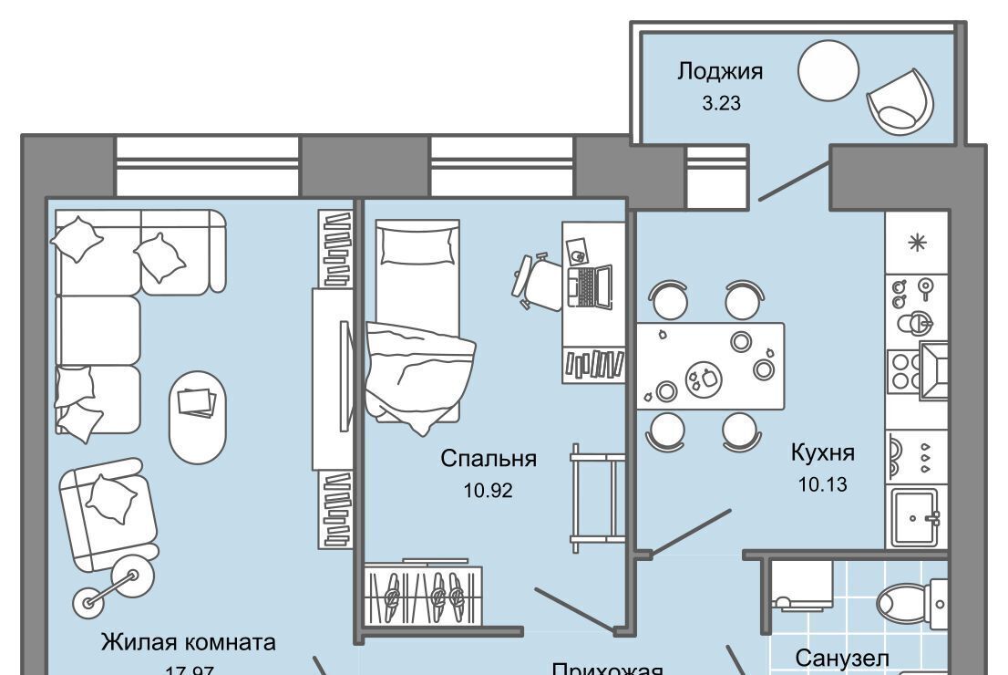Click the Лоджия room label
tap(719, 71)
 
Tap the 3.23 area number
tap(720, 103)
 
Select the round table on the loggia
tap(828, 69)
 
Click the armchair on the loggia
tap(900, 99)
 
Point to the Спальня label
tap(489, 459)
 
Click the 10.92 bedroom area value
tap(489, 491)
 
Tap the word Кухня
tap(823, 452)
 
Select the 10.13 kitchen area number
tap(823, 484)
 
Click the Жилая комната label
tap(188, 642)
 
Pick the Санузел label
tap(841, 657)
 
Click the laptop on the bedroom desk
tap(592, 286)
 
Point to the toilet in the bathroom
tap(911, 602)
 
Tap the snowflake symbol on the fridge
tap(917, 242)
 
